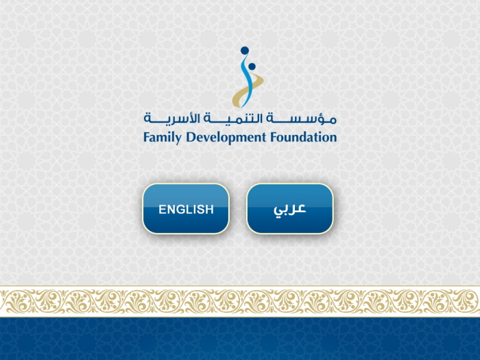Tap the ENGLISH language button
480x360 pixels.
pos(186,208)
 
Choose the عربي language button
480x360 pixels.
pos(290,208)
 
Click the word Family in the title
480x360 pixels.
pos(163,137)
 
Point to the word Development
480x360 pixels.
pos(226,137)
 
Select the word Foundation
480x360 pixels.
pos(303,137)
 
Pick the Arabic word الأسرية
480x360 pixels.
pos(171,118)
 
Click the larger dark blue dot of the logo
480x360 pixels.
pos(245,51)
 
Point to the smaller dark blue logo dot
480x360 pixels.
pos(252,67)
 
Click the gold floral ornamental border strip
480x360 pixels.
pos(240,301)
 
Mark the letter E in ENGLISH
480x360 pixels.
pos(162,209)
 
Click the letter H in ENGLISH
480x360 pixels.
pos(210,209)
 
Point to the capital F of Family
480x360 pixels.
pos(147,137)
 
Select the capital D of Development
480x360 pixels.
pos(191,137)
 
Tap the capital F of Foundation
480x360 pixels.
pos(274,137)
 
